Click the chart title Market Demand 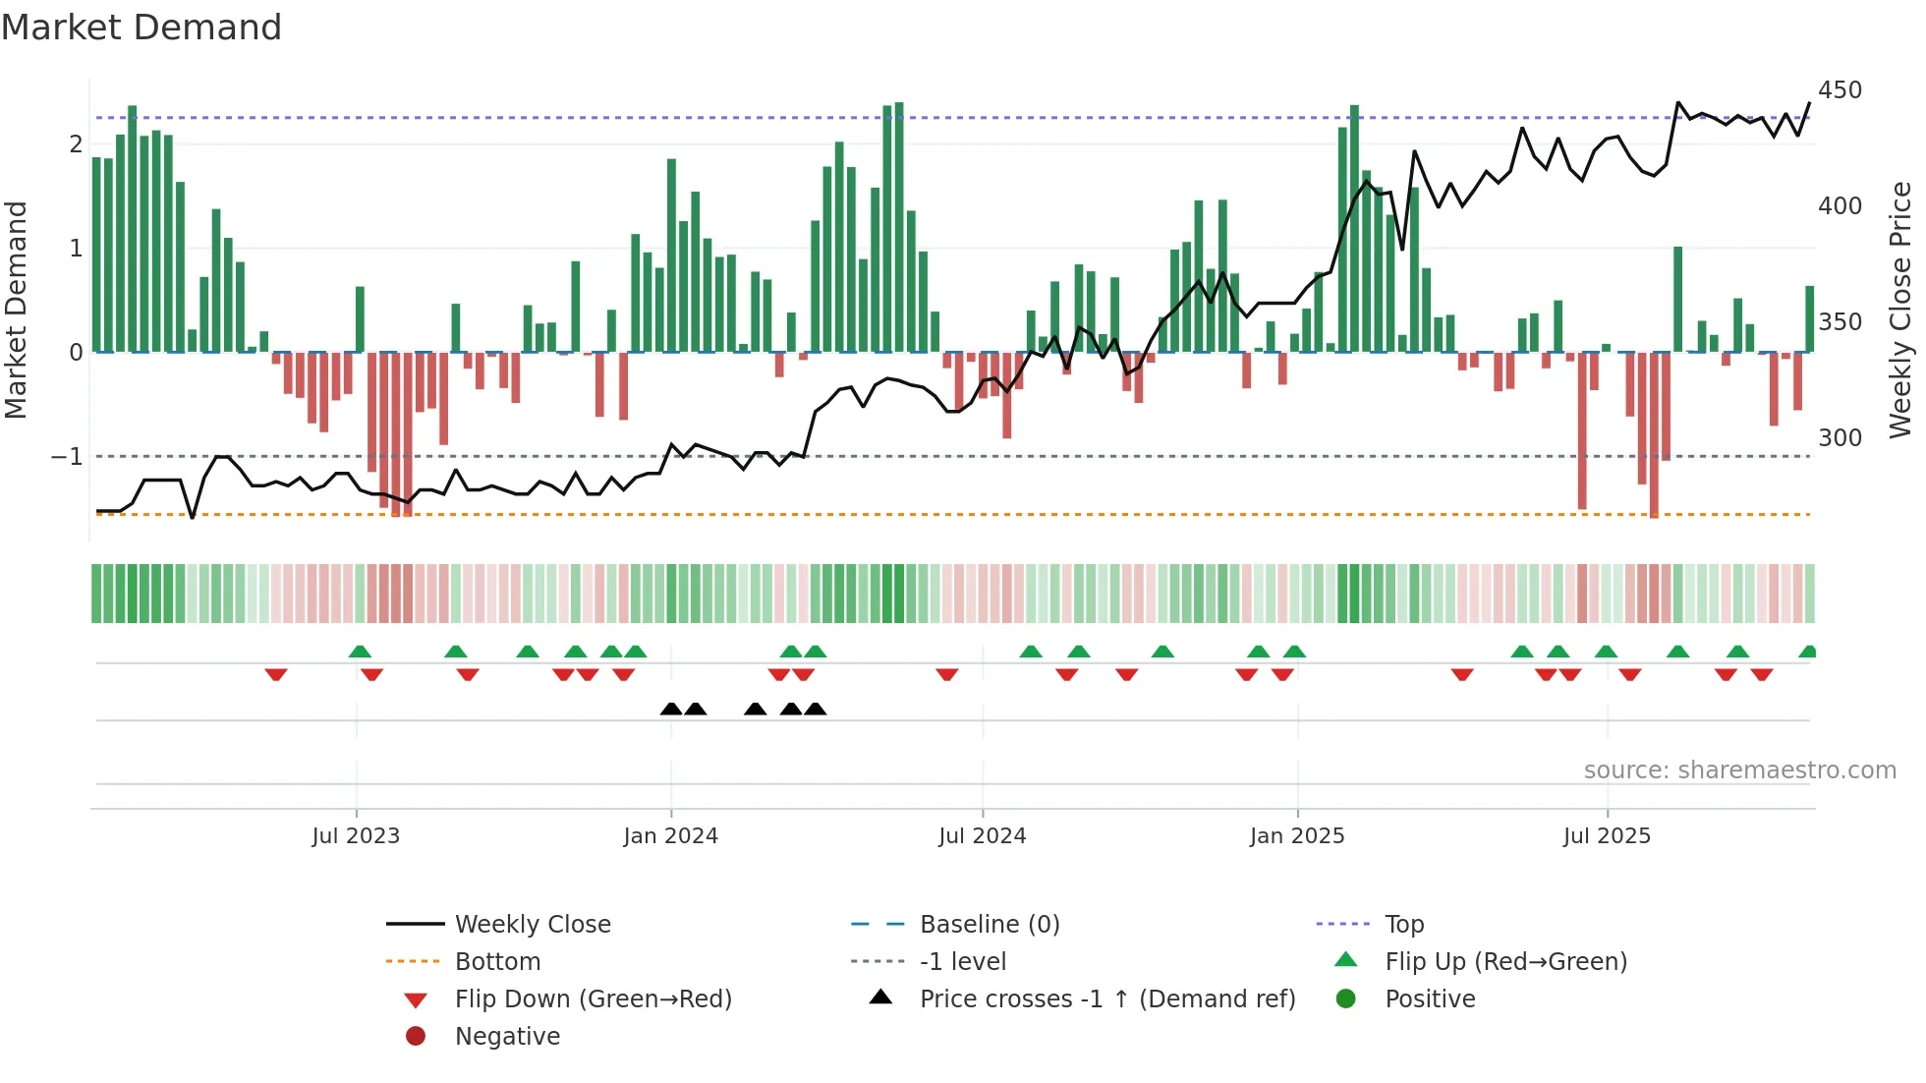click(142, 28)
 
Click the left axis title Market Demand click(17, 310)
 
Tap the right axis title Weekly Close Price click(1900, 310)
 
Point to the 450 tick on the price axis click(1840, 90)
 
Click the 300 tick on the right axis click(1840, 438)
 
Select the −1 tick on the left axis click(67, 457)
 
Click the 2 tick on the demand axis click(76, 144)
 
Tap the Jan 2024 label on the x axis click(670, 836)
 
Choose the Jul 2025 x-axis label click(1607, 836)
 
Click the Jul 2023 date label click(356, 836)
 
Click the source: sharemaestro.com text click(1739, 770)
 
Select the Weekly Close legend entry click(532, 925)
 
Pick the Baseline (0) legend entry click(989, 925)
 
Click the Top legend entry click(1403, 925)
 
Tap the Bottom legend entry click(497, 962)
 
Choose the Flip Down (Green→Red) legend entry click(593, 999)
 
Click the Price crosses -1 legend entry click(1106, 999)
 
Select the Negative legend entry click(507, 1037)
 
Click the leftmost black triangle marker click(671, 710)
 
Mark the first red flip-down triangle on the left click(276, 674)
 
